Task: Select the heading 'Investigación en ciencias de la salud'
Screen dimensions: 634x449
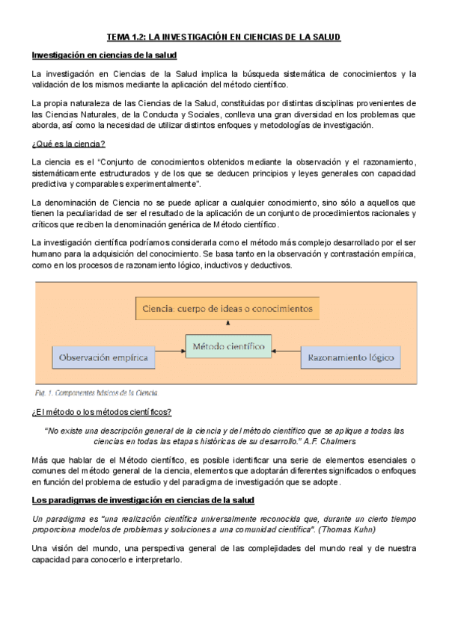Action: tap(104, 56)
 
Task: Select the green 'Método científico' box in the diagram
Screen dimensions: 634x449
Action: tap(227, 348)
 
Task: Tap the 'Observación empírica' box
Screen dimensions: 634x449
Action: tap(103, 357)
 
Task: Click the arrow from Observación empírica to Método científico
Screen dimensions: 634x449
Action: tap(169, 348)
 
